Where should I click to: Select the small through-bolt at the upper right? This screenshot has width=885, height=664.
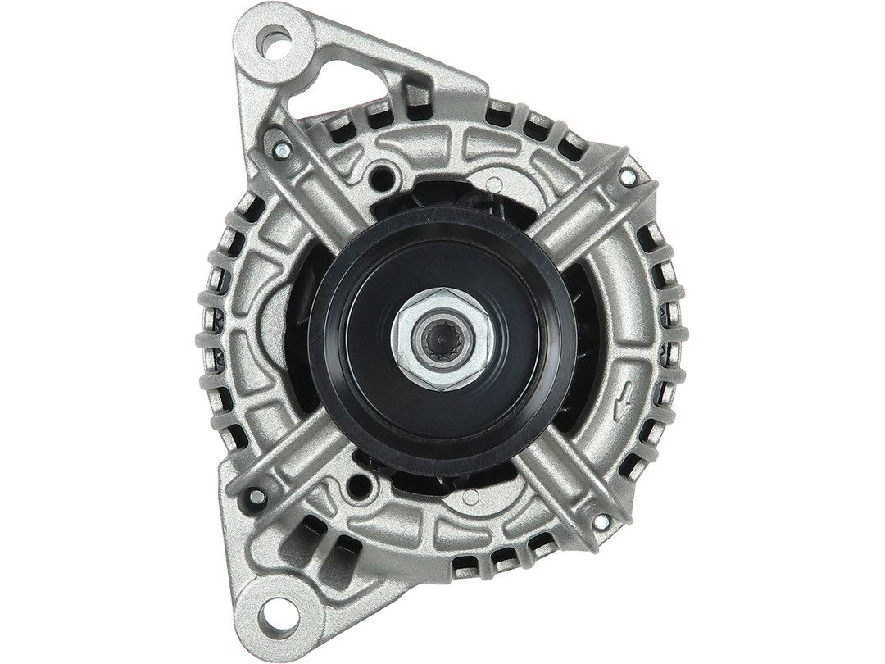coord(627,174)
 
